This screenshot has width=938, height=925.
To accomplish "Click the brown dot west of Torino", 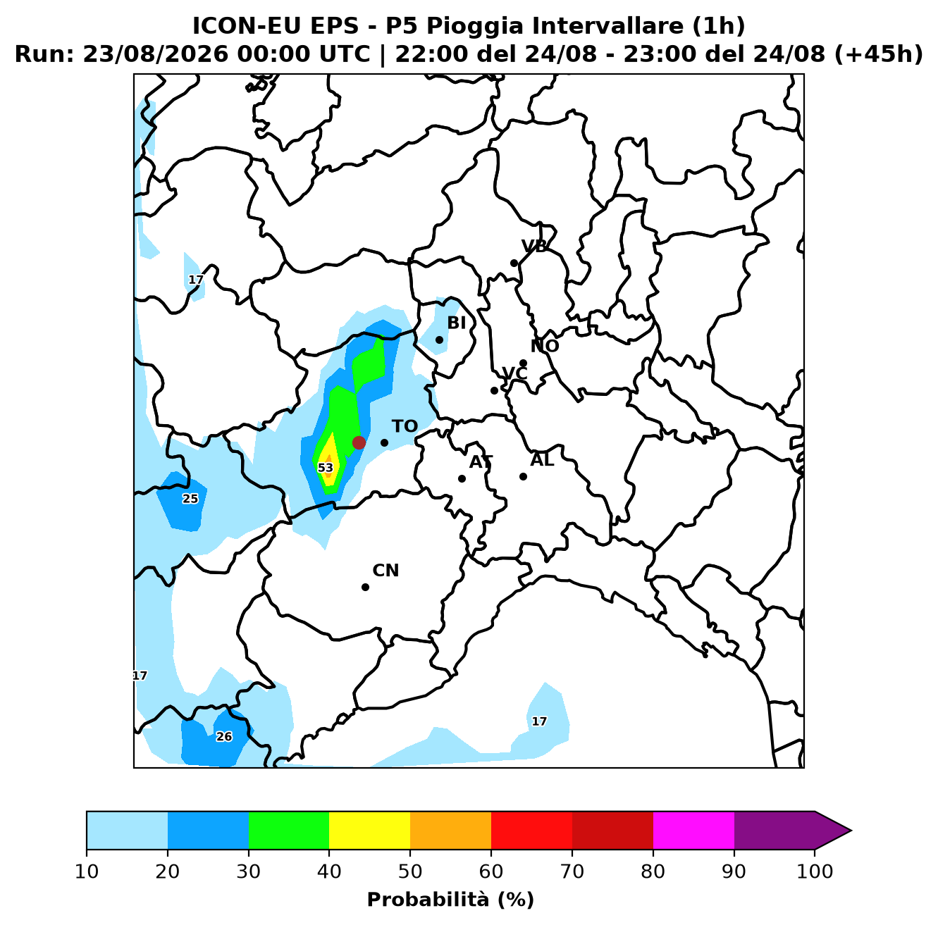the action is (x=359, y=442).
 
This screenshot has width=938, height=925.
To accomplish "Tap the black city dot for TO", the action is (x=384, y=442).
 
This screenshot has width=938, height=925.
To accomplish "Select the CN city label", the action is (x=385, y=570).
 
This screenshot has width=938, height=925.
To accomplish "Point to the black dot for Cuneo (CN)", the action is (x=365, y=587).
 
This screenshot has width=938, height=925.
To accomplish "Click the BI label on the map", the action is (x=457, y=323).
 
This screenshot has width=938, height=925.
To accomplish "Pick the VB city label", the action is (x=534, y=247).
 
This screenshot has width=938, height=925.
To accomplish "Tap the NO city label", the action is (x=545, y=346).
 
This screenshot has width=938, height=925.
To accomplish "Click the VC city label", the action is (x=514, y=373).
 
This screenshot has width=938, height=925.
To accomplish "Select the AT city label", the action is (x=481, y=461).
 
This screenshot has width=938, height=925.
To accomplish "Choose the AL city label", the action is (x=542, y=459).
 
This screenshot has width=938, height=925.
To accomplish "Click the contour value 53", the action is (x=325, y=468).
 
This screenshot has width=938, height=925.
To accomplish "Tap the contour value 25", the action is (x=190, y=499).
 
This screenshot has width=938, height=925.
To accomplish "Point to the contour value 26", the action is (x=224, y=737).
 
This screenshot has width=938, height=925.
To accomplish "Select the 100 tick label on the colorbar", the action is (x=815, y=871).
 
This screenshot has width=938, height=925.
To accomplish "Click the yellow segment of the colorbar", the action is (x=369, y=830).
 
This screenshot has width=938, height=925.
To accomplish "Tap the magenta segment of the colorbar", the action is (x=693, y=830).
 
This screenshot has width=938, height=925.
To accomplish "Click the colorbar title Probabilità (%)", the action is (x=450, y=900).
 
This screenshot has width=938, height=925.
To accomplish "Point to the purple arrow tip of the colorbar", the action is (x=851, y=831).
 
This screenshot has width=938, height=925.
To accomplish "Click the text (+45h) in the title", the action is (x=878, y=54).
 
